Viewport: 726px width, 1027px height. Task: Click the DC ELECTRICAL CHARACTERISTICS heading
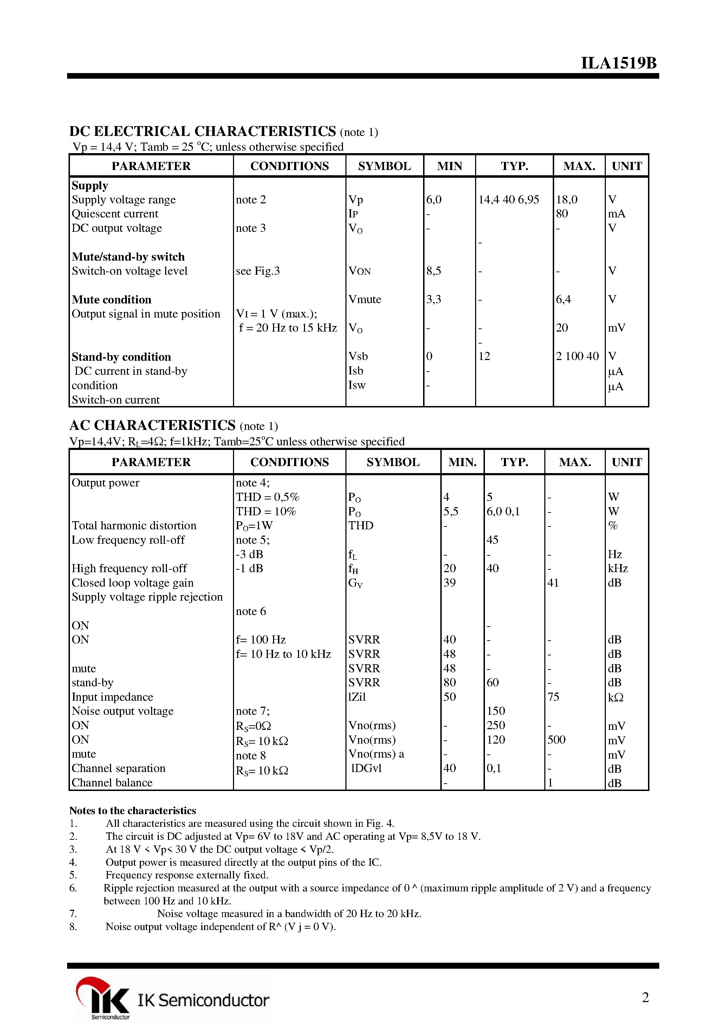point(202,131)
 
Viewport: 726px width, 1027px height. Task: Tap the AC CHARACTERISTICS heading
point(152,425)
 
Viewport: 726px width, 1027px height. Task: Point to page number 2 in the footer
point(645,997)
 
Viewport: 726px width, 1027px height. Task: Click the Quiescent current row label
point(115,214)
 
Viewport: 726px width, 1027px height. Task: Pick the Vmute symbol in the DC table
point(364,299)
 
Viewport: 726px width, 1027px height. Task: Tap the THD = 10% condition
point(266,511)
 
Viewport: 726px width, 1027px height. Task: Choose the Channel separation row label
point(119,768)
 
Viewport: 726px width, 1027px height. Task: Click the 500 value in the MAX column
point(556,740)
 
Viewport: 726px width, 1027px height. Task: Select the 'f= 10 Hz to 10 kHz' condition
point(283,654)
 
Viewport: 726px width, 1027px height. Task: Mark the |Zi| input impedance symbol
point(357,697)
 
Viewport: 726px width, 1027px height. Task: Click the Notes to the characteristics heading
point(132,811)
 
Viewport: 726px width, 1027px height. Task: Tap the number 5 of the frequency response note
point(73,875)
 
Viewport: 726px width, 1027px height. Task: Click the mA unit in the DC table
point(616,214)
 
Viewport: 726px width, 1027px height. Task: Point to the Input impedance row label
point(112,697)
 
